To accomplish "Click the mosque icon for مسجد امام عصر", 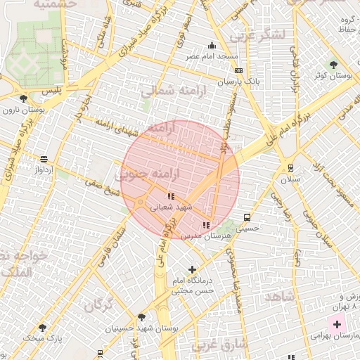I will point(212,46).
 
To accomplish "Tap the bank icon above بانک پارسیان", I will point(239,71).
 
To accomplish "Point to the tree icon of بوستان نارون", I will point(24,98).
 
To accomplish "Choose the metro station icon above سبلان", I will point(290,167).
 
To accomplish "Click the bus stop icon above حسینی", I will point(247,217).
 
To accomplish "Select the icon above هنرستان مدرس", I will point(205,225).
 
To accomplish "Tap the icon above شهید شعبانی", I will point(170,196).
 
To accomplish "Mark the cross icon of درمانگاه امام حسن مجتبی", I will point(193,269).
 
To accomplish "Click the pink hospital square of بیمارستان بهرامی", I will point(337,325).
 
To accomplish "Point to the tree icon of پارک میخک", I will point(42,328).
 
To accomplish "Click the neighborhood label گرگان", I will point(98,305).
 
